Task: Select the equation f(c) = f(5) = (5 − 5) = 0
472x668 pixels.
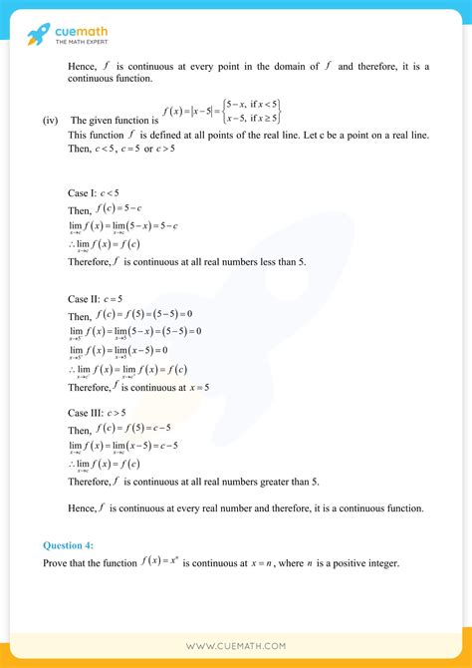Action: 146,315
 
